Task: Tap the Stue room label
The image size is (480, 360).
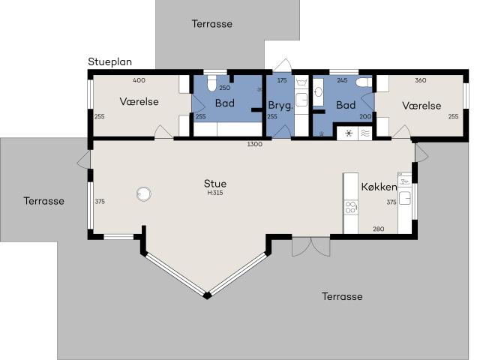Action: point(215,183)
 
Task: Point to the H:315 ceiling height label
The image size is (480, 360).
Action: point(215,193)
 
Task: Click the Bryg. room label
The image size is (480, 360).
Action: point(280,106)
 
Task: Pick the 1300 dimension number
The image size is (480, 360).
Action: point(254,144)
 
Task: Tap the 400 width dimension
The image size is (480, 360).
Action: point(139,80)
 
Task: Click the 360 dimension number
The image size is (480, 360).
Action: point(420,80)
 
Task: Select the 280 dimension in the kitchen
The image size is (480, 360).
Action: point(379,229)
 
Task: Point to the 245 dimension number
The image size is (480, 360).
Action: point(342,80)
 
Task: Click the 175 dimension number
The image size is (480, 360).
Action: point(282,80)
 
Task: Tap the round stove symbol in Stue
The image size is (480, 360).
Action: point(145,194)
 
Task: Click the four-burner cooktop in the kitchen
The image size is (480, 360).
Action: point(350,206)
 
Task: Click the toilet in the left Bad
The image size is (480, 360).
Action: point(210,82)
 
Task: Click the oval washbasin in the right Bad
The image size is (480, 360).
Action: point(319,92)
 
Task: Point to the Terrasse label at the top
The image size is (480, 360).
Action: point(211,23)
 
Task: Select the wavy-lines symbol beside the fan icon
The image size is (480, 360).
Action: point(364,133)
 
